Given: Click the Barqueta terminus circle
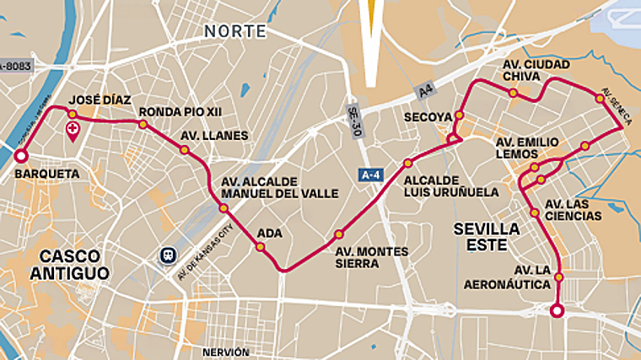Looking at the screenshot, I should tap(20, 156).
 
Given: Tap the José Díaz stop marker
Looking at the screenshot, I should tap(73, 114).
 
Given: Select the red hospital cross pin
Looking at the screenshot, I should tap(73, 132).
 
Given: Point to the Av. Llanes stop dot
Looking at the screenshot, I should tap(184, 150).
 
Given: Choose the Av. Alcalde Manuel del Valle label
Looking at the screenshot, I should tap(279, 187).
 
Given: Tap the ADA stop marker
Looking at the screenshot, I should tap(260, 247).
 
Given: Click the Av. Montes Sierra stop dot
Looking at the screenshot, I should tap(339, 234).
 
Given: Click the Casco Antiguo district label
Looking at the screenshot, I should tap(70, 264).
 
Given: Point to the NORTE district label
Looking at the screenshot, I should tap(234, 31).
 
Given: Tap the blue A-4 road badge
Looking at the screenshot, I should tap(369, 175).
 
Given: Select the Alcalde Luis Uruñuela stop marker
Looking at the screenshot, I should tap(407, 163).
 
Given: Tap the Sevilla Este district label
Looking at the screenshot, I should tap(487, 236).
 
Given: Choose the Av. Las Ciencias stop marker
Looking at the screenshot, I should tap(535, 212).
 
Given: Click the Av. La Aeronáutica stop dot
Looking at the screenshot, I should tap(558, 276).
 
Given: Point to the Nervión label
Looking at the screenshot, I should tap(225, 352).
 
